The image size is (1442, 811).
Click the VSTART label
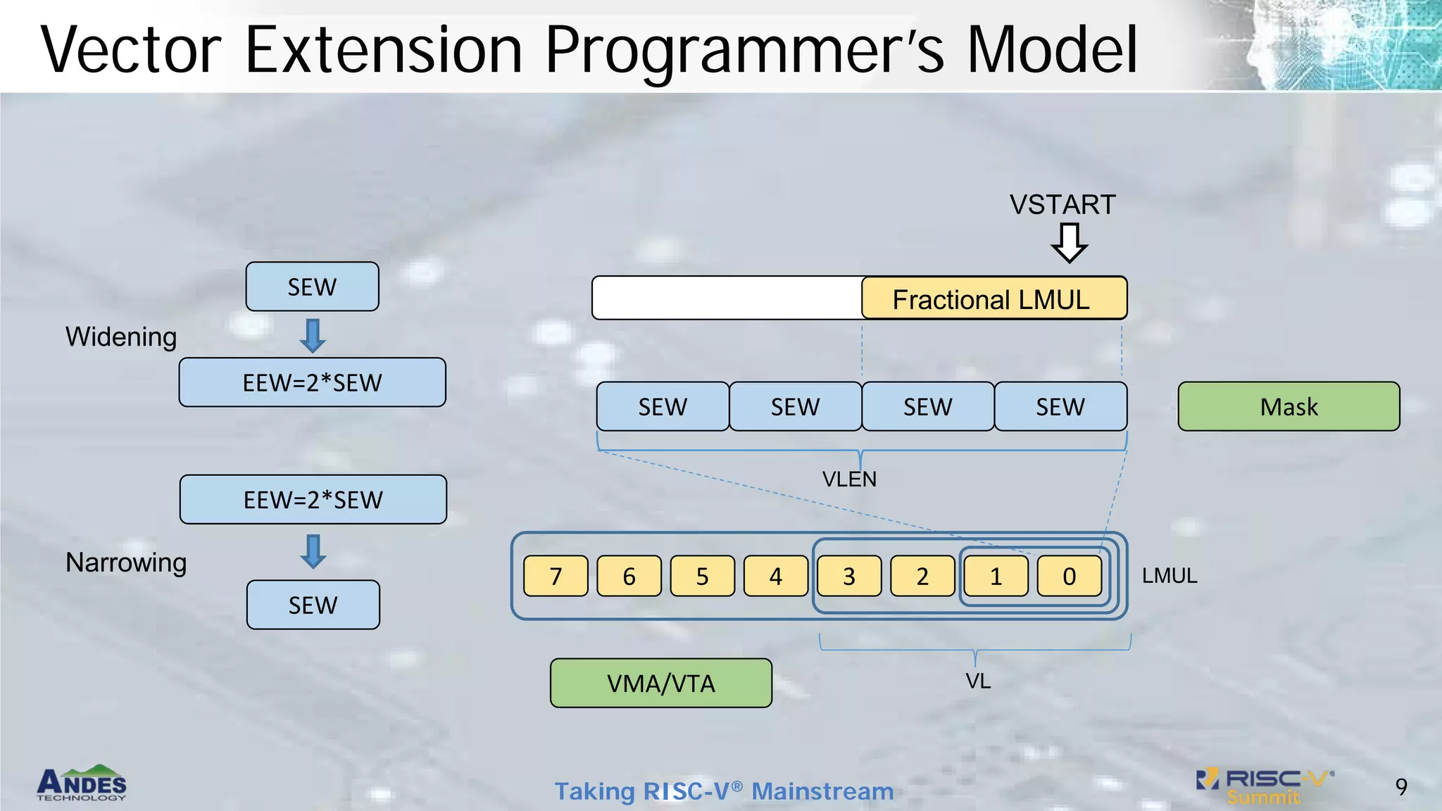click(x=1062, y=205)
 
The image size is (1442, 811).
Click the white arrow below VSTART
click(x=1069, y=243)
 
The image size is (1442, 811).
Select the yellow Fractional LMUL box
click(x=993, y=298)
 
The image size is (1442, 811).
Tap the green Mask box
click(x=1289, y=406)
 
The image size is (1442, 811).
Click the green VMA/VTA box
click(x=660, y=683)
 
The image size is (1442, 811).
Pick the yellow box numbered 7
click(x=556, y=576)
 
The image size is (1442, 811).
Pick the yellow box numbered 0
click(x=1069, y=576)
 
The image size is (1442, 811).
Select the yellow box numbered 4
click(x=775, y=576)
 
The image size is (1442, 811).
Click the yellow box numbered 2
click(x=922, y=576)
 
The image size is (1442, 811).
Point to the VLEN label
click(x=849, y=479)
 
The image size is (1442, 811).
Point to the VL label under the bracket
click(x=978, y=681)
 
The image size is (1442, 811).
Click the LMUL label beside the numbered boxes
click(x=1169, y=576)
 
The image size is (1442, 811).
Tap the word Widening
click(x=121, y=337)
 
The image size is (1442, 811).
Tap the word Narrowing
click(x=126, y=562)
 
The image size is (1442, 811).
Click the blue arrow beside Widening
click(x=313, y=336)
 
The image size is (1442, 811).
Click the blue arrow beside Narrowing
click(x=313, y=551)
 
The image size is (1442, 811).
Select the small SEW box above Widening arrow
click(x=312, y=287)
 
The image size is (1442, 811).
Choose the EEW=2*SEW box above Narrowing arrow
click(x=313, y=499)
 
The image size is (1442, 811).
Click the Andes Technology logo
click(x=82, y=783)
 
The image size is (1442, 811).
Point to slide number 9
click(x=1400, y=786)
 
